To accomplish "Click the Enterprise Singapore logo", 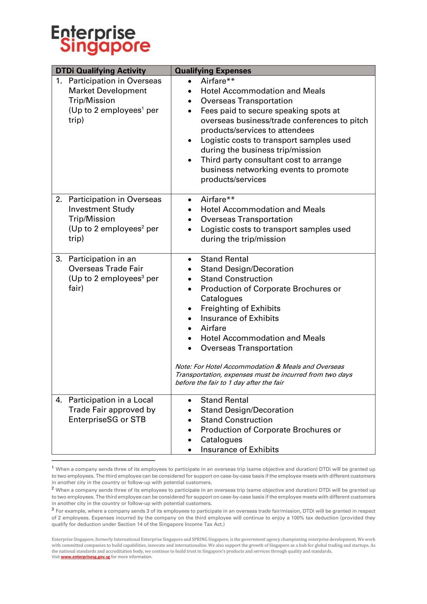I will pos(101,40).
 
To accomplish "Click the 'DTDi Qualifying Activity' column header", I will pos(101,71).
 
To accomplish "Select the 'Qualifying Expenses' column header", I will pos(213,71).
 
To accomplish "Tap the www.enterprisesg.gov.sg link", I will pos(85,557).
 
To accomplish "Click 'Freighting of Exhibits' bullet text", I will pos(240,308).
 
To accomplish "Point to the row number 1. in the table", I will pos(59,81).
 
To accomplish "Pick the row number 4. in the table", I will pos(59,400).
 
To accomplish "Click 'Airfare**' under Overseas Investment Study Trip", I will pos(218,199).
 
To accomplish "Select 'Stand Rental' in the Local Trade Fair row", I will pos(224,400).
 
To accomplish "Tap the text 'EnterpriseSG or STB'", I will pos(107,420).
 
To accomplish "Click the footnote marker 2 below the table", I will pos(53,488).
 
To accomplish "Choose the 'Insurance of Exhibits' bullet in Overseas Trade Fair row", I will pos(240,318).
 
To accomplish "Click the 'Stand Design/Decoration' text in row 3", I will pos(247,269).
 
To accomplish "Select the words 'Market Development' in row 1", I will pos(108,91).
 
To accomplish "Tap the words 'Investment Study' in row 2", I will pos(101,209).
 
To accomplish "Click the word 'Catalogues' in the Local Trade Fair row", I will pos(221,440).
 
